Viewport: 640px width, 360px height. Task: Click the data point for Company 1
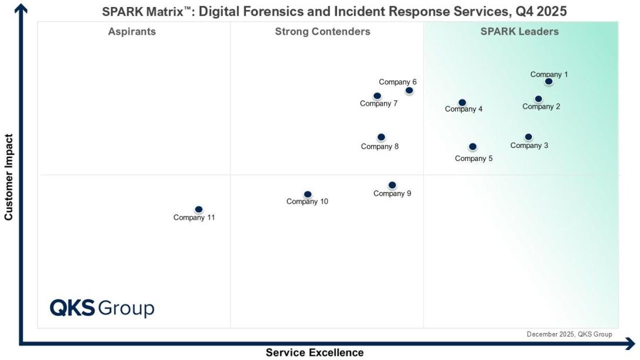[x=548, y=82]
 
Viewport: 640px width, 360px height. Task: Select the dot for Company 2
[x=538, y=99]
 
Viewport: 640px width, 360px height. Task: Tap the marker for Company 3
[x=528, y=137]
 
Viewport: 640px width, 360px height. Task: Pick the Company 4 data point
[x=462, y=103]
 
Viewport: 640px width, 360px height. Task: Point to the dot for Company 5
[x=473, y=147]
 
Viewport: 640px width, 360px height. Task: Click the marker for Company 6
[x=409, y=90]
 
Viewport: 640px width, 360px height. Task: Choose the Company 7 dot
[x=377, y=96]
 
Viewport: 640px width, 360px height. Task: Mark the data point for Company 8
[x=381, y=137]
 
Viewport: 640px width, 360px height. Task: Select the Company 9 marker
[x=392, y=186]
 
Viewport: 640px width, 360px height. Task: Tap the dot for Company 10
[x=308, y=194]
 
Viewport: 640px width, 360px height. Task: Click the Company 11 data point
[x=198, y=210]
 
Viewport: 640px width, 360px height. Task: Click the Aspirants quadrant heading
[x=132, y=32]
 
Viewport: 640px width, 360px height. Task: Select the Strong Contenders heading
[x=322, y=32]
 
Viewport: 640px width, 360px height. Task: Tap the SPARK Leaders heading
[x=520, y=32]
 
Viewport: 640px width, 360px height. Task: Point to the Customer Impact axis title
[x=9, y=177]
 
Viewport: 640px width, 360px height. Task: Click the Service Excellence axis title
[x=315, y=353]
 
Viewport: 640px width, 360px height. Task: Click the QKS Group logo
[x=102, y=308]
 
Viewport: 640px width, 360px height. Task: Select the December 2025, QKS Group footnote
[x=569, y=334]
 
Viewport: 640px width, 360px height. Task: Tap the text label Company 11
[x=194, y=218]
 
